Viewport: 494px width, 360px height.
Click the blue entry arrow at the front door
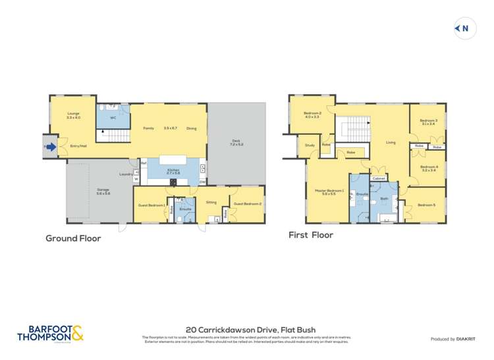(x=51, y=147)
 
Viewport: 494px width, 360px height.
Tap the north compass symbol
(x=465, y=28)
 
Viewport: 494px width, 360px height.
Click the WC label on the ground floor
(x=113, y=118)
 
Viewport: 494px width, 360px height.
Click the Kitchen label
(x=173, y=170)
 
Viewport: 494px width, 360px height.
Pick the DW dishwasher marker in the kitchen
(x=202, y=182)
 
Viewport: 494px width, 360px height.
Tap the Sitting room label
(x=211, y=203)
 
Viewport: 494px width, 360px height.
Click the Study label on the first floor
(x=309, y=146)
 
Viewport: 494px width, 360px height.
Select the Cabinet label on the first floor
(x=379, y=178)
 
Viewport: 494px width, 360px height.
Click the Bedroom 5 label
(x=426, y=205)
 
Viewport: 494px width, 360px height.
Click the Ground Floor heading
(x=73, y=238)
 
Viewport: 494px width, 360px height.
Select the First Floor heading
(x=311, y=235)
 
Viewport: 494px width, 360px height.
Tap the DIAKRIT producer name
(x=464, y=339)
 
